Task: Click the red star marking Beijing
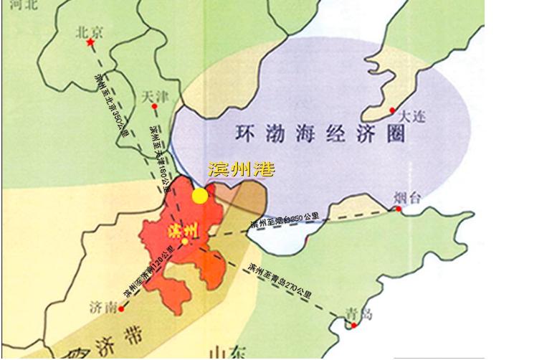(90, 44)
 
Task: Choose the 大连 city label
(411, 115)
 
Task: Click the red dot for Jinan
(121, 309)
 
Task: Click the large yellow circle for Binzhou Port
(200, 196)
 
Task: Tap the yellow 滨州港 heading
(241, 169)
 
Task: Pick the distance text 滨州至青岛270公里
(280, 280)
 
